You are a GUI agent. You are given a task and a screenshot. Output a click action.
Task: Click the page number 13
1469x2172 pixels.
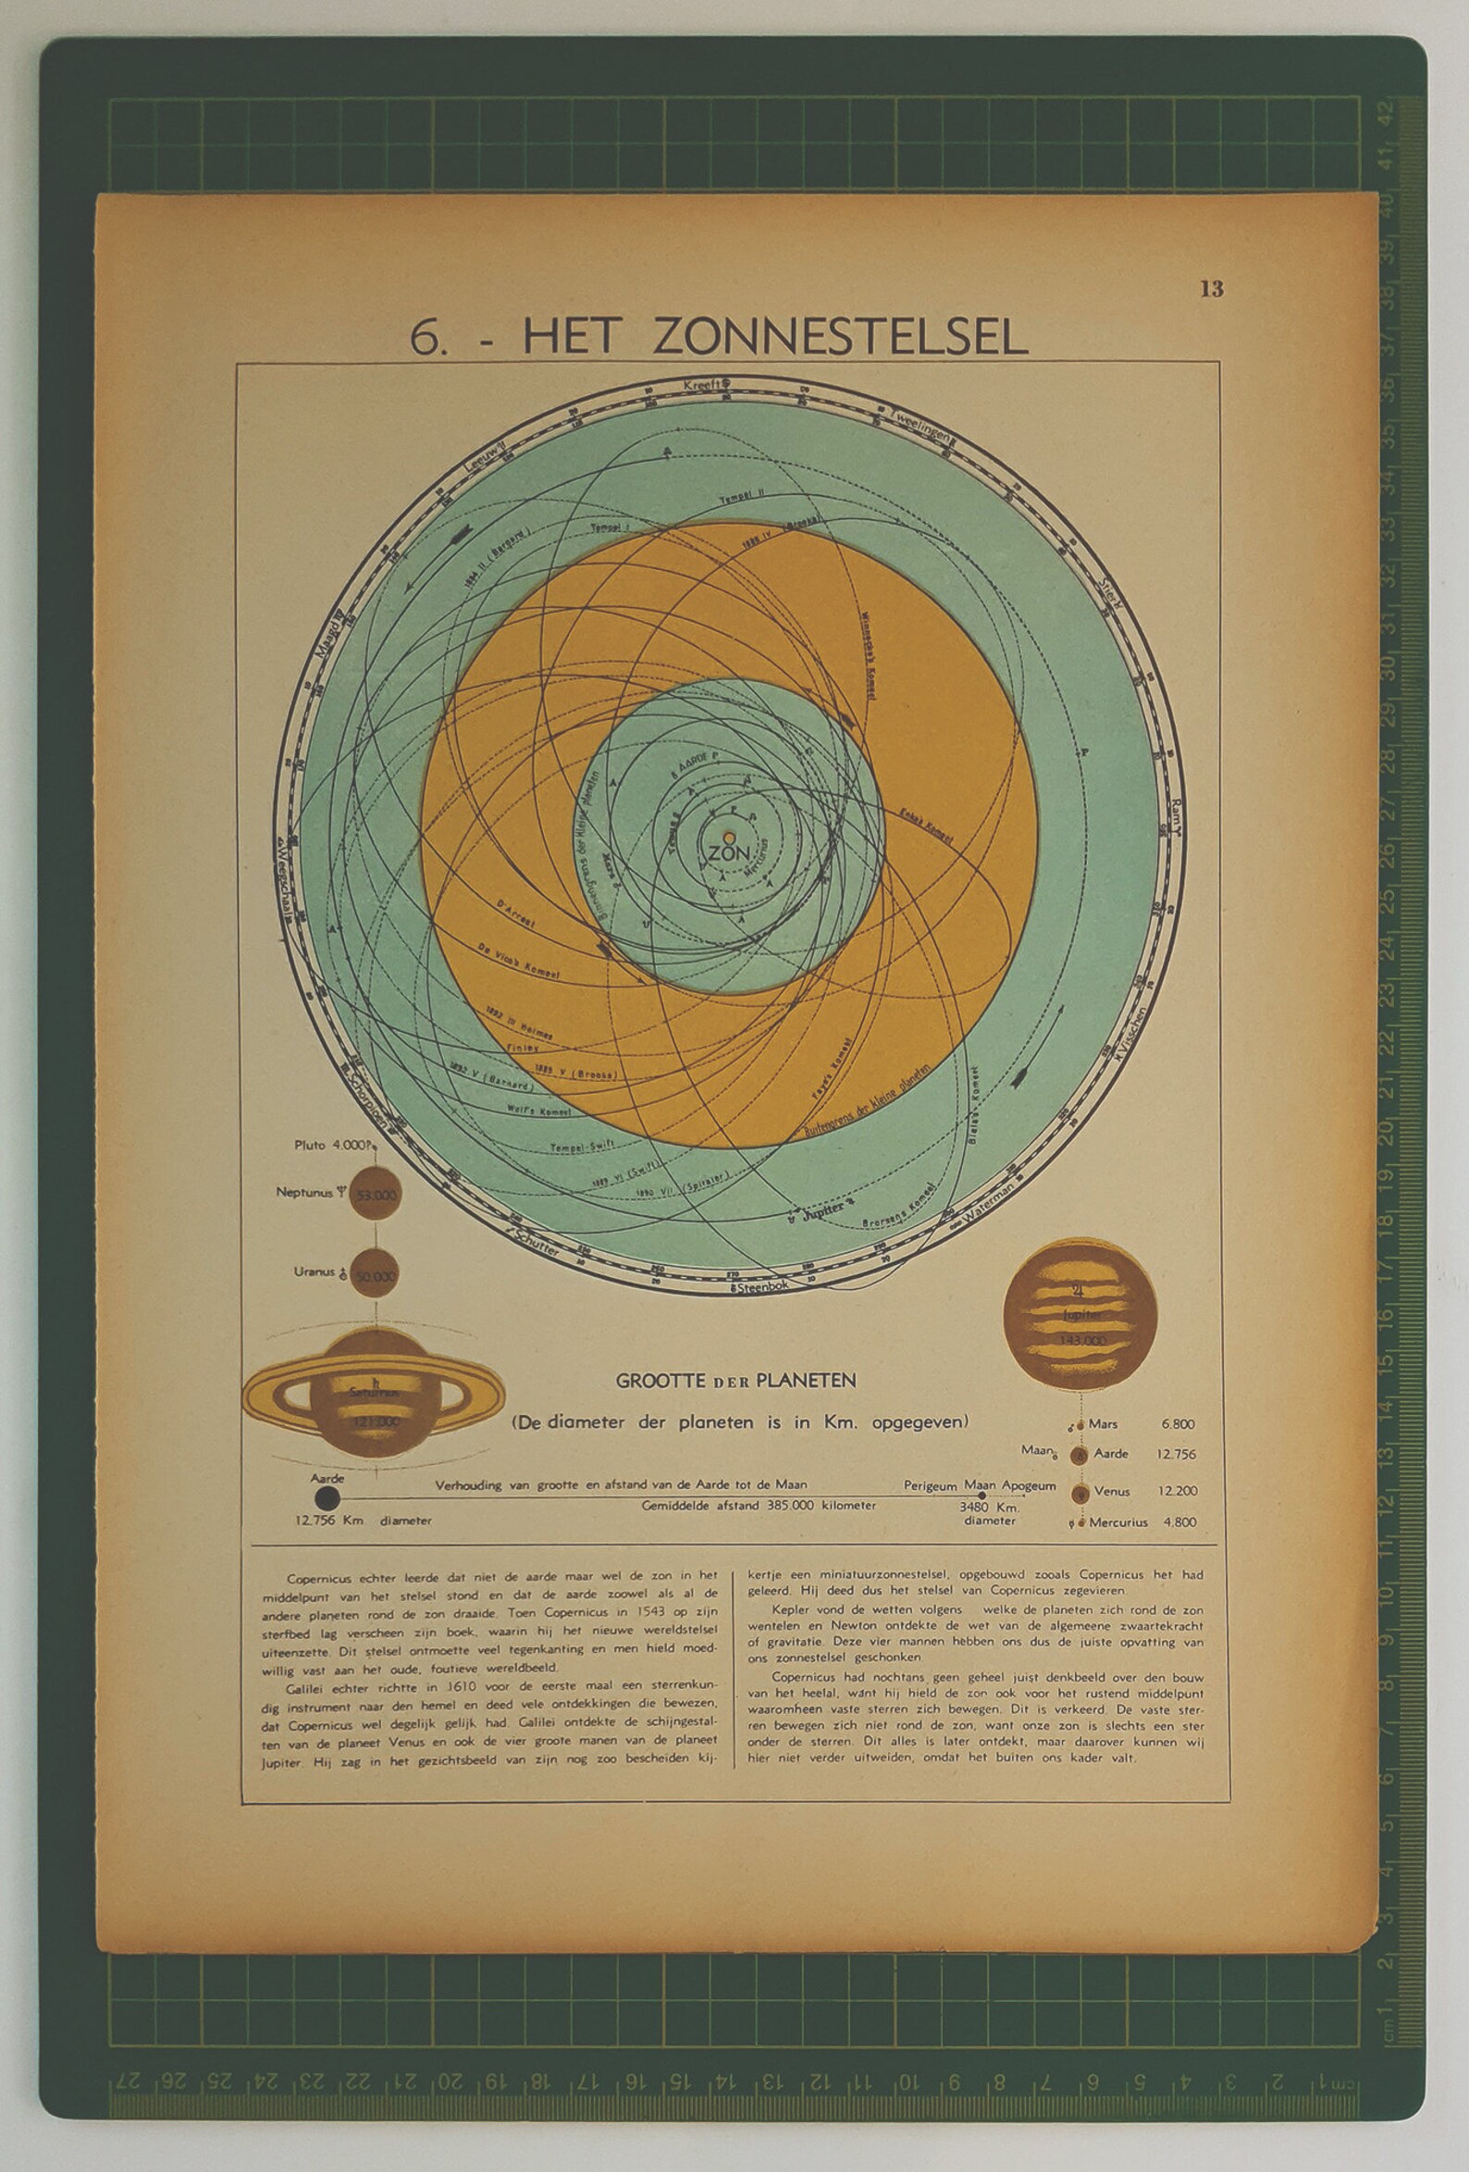[1211, 289]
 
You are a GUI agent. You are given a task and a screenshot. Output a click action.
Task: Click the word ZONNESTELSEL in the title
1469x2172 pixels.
[839, 337]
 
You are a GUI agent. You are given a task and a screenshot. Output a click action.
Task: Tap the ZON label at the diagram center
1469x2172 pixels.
[728, 852]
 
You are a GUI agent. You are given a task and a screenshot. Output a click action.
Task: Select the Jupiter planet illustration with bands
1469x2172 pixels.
[1080, 1314]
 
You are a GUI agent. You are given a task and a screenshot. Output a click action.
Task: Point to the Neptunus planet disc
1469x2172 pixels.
[375, 1195]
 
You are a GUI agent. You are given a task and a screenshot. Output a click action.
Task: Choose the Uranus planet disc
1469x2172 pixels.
[374, 1273]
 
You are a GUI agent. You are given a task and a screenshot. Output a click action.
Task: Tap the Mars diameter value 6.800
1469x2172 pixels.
[1178, 1424]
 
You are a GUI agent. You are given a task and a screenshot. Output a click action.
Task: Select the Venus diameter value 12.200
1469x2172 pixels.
[1178, 1492]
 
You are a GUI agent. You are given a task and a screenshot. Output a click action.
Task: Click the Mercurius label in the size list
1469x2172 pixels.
[1117, 1522]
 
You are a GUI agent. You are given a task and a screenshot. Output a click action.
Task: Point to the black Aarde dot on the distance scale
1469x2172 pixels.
[327, 1499]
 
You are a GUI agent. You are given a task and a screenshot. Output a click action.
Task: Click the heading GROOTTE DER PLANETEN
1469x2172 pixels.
[735, 1381]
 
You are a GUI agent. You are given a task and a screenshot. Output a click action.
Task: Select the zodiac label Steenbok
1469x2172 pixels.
[762, 1287]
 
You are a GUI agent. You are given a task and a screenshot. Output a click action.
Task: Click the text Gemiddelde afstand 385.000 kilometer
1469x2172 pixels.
[758, 1506]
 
